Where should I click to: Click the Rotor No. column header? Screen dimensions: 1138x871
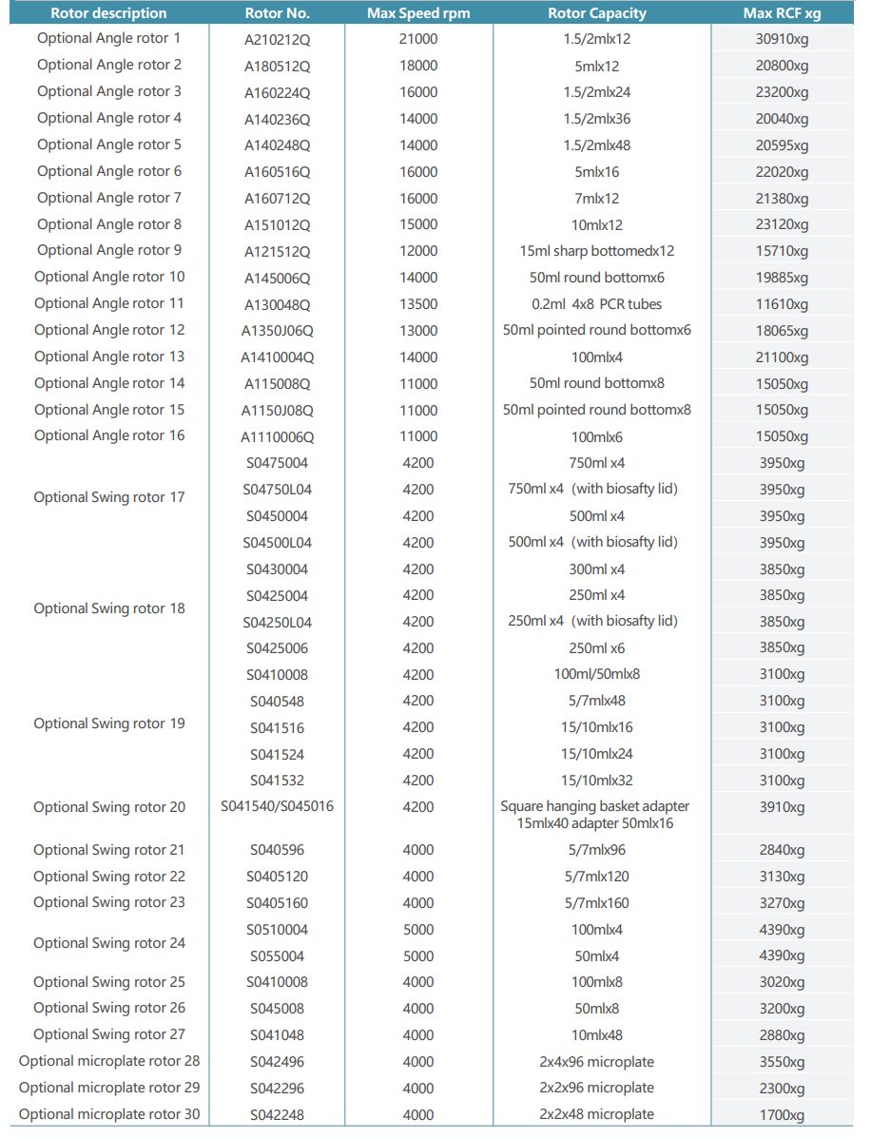pos(277,13)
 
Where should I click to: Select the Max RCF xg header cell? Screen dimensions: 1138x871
pos(782,13)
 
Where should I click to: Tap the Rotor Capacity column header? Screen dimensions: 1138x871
pos(596,13)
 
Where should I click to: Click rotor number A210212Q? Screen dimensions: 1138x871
pos(277,40)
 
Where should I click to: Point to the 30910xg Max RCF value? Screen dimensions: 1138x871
pos(782,40)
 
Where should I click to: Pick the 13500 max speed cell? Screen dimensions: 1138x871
pos(418,304)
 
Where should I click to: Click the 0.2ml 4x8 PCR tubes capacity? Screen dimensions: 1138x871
pos(596,304)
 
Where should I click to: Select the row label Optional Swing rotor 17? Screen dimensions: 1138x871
pos(109,497)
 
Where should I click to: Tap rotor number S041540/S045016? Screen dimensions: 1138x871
pos(277,806)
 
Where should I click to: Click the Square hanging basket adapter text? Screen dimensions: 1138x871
pos(595,806)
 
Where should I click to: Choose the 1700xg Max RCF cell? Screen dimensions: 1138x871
pos(782,1115)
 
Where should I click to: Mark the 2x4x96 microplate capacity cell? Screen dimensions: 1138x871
pos(596,1062)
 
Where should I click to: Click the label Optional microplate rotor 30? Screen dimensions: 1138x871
pos(109,1114)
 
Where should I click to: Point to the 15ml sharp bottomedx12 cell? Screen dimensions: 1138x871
pos(596,251)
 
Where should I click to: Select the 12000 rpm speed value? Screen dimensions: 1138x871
pos(418,251)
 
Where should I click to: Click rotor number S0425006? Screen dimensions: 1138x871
pos(277,648)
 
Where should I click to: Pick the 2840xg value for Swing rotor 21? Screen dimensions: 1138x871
pos(782,850)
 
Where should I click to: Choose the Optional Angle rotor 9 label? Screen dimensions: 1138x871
pos(109,250)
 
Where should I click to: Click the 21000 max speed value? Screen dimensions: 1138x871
pos(418,39)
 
